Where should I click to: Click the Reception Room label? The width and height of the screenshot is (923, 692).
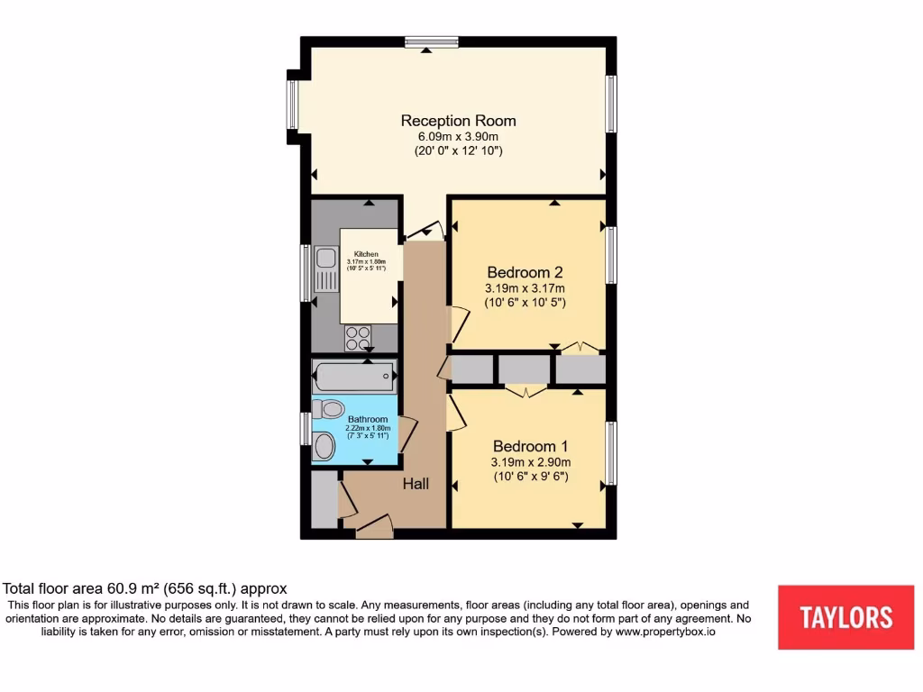pos(458,121)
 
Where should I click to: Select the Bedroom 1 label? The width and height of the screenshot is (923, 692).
pos(530,446)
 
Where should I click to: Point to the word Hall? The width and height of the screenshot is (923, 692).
pos(416,484)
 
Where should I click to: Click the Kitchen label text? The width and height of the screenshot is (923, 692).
pos(366,254)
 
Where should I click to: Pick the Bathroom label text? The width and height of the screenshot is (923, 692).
pos(368,419)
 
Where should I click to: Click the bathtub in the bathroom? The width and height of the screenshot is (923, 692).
pos(354,375)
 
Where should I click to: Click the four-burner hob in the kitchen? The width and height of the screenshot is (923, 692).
pos(358,338)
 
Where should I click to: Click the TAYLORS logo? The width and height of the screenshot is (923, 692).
pos(845,617)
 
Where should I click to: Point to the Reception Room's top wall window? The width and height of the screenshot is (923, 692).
pos(432,41)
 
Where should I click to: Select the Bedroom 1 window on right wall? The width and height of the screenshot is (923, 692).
pos(611,452)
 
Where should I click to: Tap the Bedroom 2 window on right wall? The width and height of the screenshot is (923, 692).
pos(611,256)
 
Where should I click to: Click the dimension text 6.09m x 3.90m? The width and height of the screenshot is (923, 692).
pos(458,137)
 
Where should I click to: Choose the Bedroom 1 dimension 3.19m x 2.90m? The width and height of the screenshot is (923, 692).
pos(530,462)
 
